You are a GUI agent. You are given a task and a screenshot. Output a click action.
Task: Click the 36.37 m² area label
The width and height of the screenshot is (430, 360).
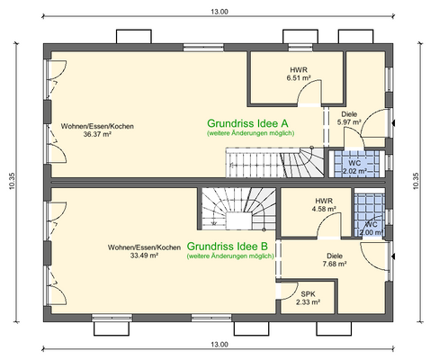tap(97, 134)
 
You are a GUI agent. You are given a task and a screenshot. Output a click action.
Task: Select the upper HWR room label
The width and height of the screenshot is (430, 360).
tap(297, 69)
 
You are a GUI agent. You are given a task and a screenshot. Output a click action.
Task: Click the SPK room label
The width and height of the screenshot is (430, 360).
tap(307, 293)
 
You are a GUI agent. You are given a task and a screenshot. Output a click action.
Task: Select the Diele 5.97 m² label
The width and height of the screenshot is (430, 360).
tap(349, 118)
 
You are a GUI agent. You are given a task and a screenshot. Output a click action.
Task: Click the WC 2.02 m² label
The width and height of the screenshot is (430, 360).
tap(354, 166)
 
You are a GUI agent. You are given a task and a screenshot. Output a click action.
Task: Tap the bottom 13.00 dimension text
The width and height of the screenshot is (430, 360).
tap(219, 345)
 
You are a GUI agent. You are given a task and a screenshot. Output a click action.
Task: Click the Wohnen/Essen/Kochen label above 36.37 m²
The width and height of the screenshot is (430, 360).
tap(97, 126)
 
